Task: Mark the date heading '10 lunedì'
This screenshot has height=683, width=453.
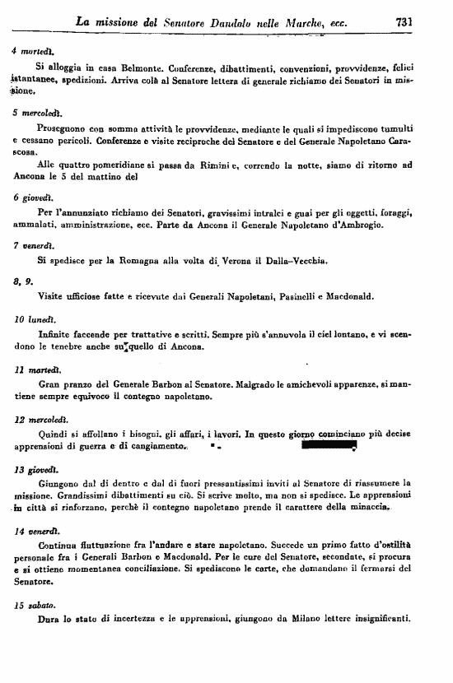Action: tap(31, 318)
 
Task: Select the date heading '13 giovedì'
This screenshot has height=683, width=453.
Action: tap(31, 469)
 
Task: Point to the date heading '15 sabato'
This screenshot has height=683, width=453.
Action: tap(30, 605)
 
